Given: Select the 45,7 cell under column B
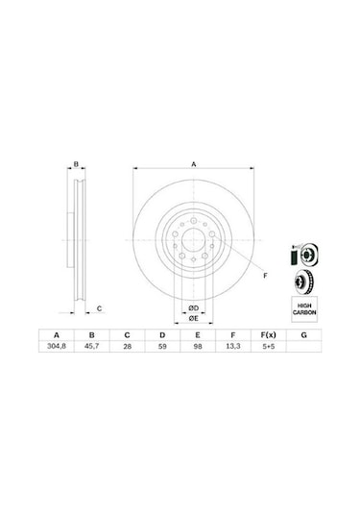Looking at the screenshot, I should click(91, 346).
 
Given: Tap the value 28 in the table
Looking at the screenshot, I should click(127, 346).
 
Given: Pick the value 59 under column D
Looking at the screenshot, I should click(162, 346).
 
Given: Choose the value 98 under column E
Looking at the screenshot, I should click(198, 346).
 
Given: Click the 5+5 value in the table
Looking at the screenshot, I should click(268, 346).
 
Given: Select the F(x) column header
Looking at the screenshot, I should click(268, 333).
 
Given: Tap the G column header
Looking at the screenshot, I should click(303, 333).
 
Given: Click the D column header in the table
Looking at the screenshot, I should click(162, 333).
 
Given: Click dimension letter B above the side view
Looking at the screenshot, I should click(77, 165).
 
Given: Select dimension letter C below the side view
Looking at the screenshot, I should click(100, 308).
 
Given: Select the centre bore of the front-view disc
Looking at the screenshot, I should click(193, 241).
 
